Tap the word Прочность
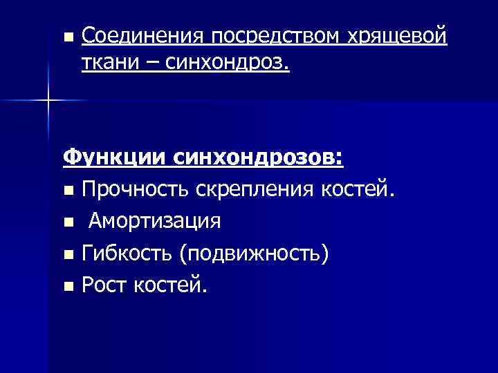[136, 189]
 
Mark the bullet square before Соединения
[67, 36]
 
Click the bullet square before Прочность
[67, 190]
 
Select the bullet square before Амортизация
[67, 222]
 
